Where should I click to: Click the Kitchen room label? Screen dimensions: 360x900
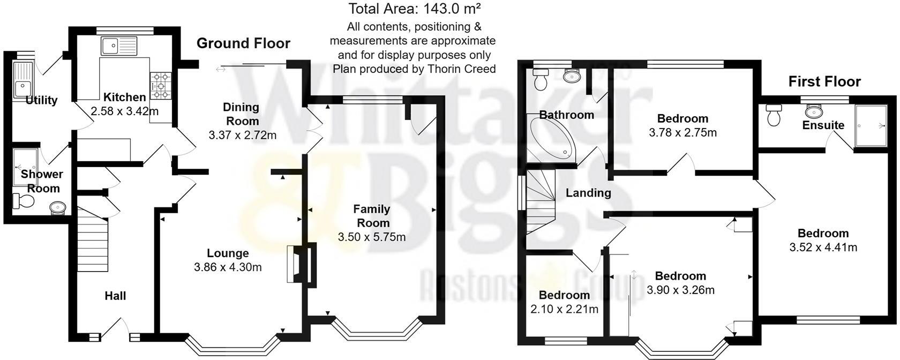point(124,97)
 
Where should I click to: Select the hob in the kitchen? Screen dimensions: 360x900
point(161,86)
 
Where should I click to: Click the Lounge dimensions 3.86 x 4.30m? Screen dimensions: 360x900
point(228,267)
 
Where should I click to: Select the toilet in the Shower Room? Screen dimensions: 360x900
point(23,201)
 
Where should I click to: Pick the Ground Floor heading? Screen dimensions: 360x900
point(243,43)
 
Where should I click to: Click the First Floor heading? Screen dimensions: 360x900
point(824,81)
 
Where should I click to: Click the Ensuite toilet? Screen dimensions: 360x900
point(774,115)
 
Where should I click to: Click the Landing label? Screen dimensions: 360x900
point(588,193)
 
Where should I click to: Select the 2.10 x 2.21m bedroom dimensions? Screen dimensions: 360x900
point(564,309)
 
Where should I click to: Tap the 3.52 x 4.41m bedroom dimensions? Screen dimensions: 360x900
point(823,247)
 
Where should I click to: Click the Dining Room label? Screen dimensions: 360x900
point(241,114)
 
